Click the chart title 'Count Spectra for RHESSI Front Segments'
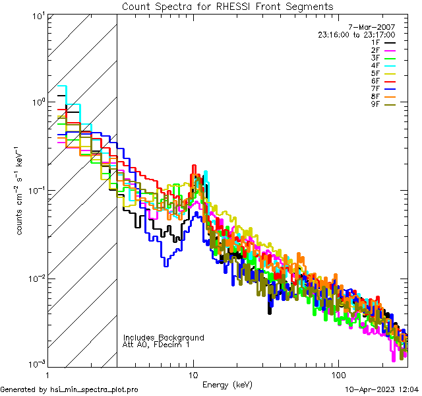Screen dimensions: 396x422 [x=227, y=6]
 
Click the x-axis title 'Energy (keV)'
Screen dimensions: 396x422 [x=227, y=384]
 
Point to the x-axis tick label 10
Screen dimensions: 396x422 [x=193, y=375]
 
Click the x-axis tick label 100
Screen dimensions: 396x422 [x=338, y=375]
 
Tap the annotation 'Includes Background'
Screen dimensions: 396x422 [x=164, y=338]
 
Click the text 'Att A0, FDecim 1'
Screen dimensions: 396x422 [x=156, y=345]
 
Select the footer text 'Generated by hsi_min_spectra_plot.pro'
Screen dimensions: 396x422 [x=69, y=390]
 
